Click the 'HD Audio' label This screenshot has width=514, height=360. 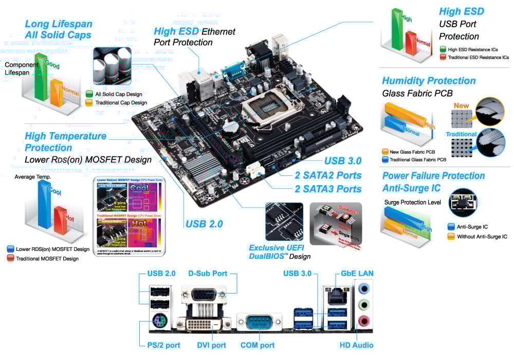[356, 345]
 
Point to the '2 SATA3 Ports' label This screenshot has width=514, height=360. [328, 189]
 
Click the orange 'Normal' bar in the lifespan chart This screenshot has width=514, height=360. [58, 93]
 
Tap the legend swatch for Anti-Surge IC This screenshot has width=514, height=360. [451, 226]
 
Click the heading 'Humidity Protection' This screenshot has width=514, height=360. [429, 81]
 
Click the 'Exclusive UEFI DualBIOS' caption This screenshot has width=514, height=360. [280, 251]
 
